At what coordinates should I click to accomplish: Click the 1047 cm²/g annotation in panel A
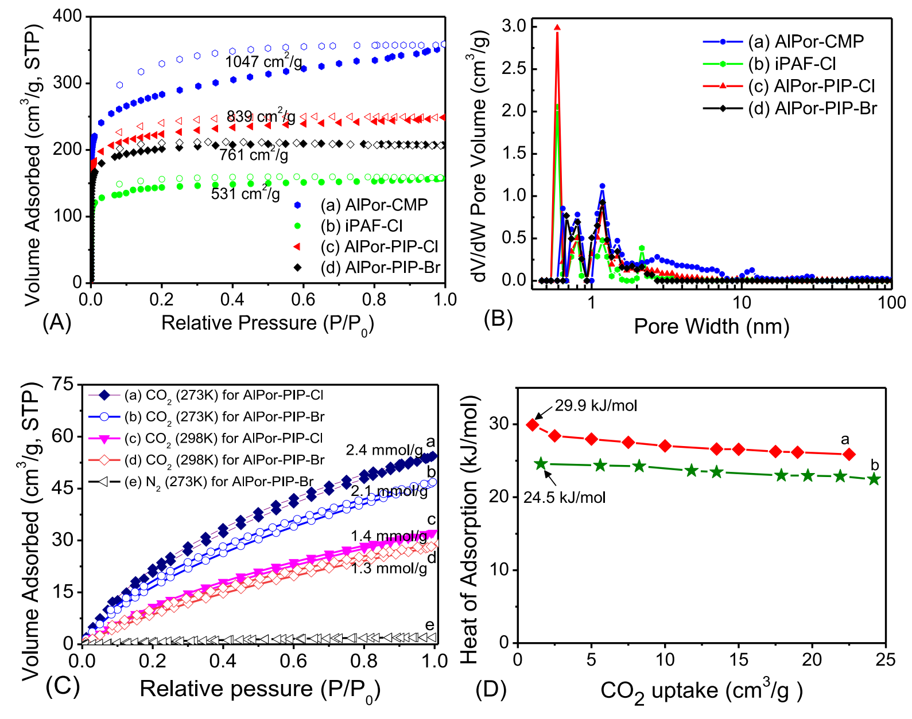[263, 61]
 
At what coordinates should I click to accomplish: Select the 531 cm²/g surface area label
[245, 193]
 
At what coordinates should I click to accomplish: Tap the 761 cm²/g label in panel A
[253, 154]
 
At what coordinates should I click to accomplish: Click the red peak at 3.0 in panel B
[557, 28]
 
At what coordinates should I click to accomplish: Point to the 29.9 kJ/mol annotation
[596, 406]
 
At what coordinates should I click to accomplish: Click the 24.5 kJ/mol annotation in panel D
[564, 497]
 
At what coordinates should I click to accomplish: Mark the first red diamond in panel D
[533, 425]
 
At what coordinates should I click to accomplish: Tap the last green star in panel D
[874, 479]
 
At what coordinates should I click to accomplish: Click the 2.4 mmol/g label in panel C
[384, 450]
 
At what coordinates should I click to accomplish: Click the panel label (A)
[57, 323]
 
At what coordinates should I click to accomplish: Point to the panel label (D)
[491, 689]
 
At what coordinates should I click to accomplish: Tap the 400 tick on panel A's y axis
[67, 16]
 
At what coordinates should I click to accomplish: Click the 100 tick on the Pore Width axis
[891, 302]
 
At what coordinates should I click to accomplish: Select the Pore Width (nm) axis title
[711, 326]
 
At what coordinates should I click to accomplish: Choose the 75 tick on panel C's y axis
[63, 384]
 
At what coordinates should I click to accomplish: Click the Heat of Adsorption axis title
[469, 529]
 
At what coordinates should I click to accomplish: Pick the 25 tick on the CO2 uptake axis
[886, 659]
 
